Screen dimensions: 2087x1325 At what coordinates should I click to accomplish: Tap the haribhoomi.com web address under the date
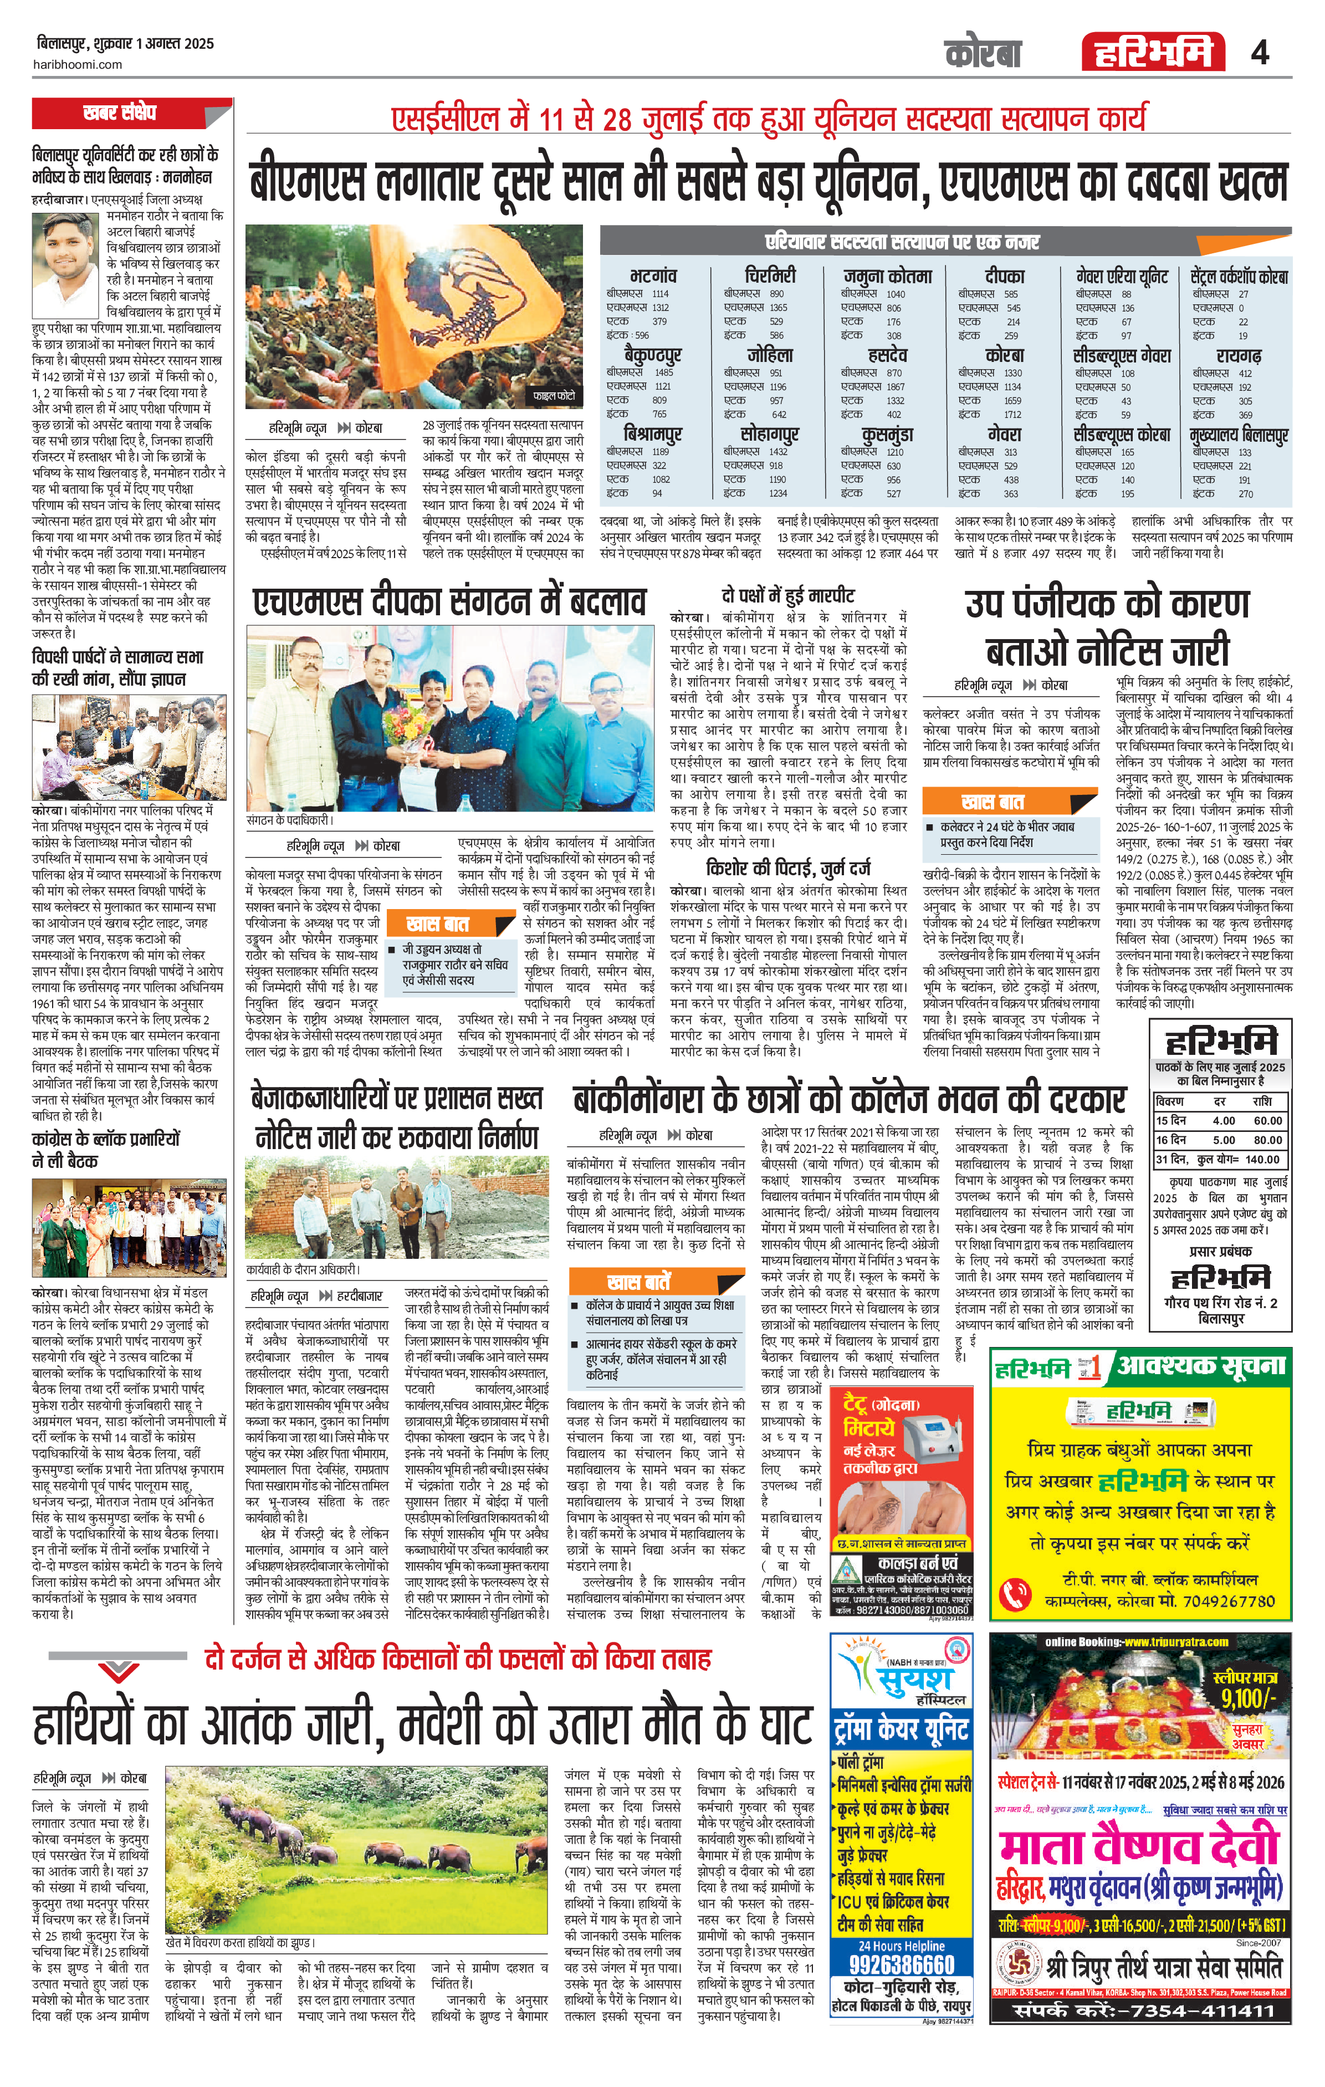(x=79, y=64)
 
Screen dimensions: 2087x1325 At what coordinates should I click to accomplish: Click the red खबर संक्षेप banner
(x=119, y=113)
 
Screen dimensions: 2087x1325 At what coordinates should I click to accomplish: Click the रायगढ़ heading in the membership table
(x=1239, y=355)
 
